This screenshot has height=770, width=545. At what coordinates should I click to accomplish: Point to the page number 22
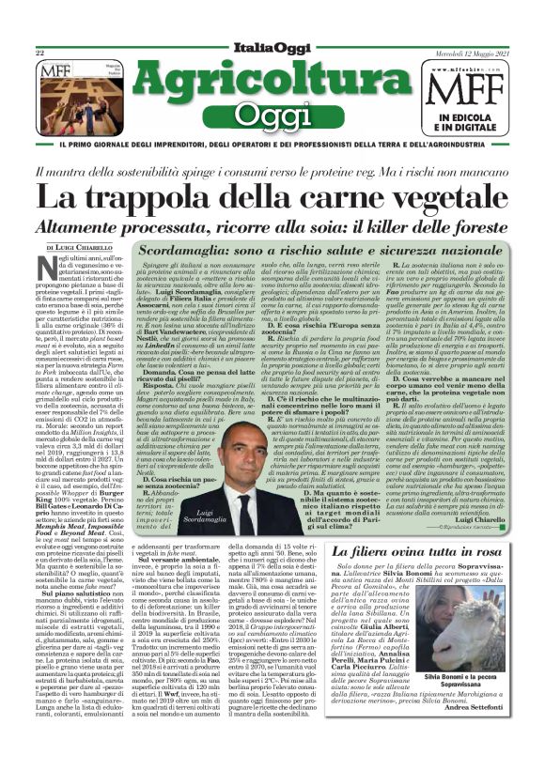[40, 54]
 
